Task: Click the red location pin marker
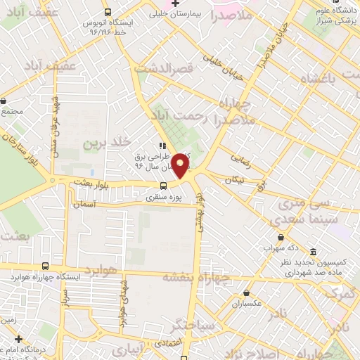pyautogui.click(x=181, y=165)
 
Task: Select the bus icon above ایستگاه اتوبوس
pyautogui.click(x=108, y=12)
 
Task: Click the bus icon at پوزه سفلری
pyautogui.click(x=163, y=186)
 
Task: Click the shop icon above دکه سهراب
pyautogui.click(x=281, y=238)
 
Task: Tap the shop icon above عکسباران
pyautogui.click(x=246, y=292)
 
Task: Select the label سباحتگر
pyautogui.click(x=191, y=325)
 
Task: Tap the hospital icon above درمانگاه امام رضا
pyautogui.click(x=19, y=338)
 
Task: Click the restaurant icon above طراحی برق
pyautogui.click(x=162, y=145)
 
